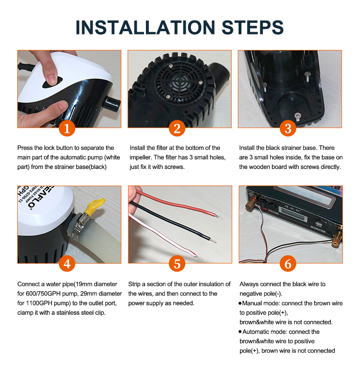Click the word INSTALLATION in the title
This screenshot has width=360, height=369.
tap(145, 27)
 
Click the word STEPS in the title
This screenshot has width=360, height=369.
tap(252, 27)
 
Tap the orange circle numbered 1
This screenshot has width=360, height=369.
tap(67, 128)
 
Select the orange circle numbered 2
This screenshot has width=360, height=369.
tap(177, 128)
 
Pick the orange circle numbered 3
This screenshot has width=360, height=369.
tap(288, 128)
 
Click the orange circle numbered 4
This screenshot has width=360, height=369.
tap(67, 263)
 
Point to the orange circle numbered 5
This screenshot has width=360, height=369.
tap(177, 263)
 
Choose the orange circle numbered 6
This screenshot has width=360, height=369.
tap(288, 263)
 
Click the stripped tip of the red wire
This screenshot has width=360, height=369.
tap(218, 217)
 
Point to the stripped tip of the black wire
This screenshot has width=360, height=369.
tap(213, 241)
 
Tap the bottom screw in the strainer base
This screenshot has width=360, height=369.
tap(298, 116)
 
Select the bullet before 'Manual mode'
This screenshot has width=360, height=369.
tap(240, 303)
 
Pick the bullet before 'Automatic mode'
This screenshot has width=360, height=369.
tap(240, 332)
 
